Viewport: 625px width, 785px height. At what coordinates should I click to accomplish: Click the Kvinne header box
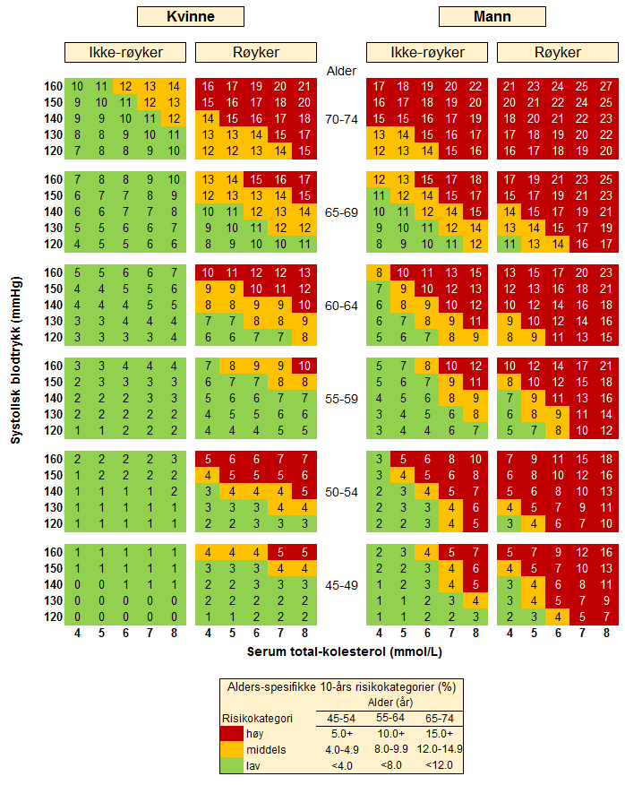(190, 16)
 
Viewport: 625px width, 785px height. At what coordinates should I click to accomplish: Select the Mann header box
(492, 16)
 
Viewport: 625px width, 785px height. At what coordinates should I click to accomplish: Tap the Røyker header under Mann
(558, 52)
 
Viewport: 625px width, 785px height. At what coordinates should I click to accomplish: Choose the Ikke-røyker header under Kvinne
(125, 52)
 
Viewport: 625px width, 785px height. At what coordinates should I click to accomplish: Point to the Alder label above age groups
(341, 71)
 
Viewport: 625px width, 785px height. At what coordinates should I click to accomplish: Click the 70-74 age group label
(341, 118)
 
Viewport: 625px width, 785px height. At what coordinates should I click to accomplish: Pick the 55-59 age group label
(341, 398)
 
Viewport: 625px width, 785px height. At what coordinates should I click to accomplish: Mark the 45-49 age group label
(341, 585)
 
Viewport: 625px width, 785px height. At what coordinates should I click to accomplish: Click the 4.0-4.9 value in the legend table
(340, 749)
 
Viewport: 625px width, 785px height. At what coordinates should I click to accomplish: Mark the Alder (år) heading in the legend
(388, 703)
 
